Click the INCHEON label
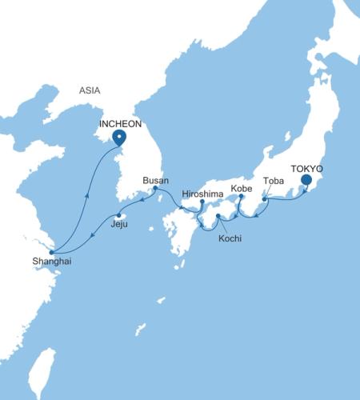pos(120,125)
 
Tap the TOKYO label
pos(307,170)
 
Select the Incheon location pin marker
pos(119,138)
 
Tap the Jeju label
pos(119,226)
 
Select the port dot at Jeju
pos(119,215)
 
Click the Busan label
pos(155,180)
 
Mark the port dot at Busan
pos(155,189)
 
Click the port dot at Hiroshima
pos(202,202)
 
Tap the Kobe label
pos(241,188)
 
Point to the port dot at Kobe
pos(240,196)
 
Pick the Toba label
pos(273,181)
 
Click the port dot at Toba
pos(265,198)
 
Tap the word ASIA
pos(90,91)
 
